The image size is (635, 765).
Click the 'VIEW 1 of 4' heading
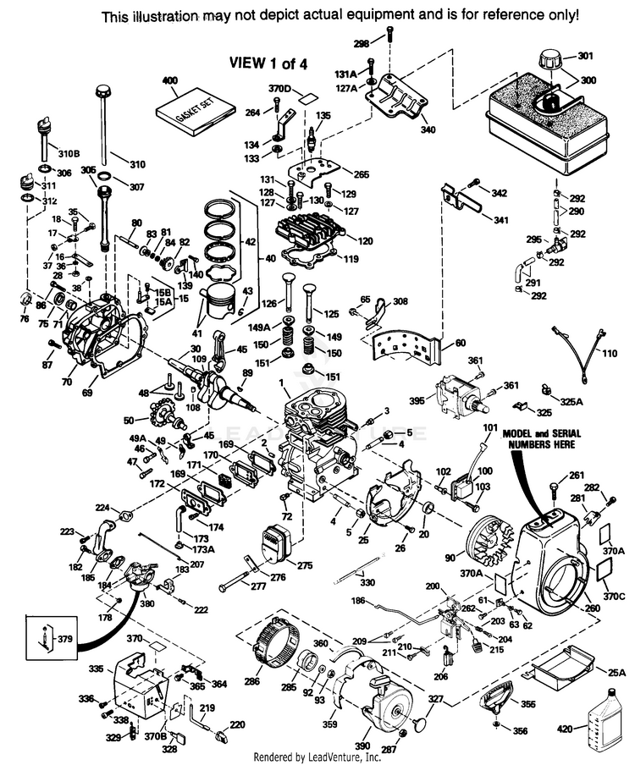tap(269, 62)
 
